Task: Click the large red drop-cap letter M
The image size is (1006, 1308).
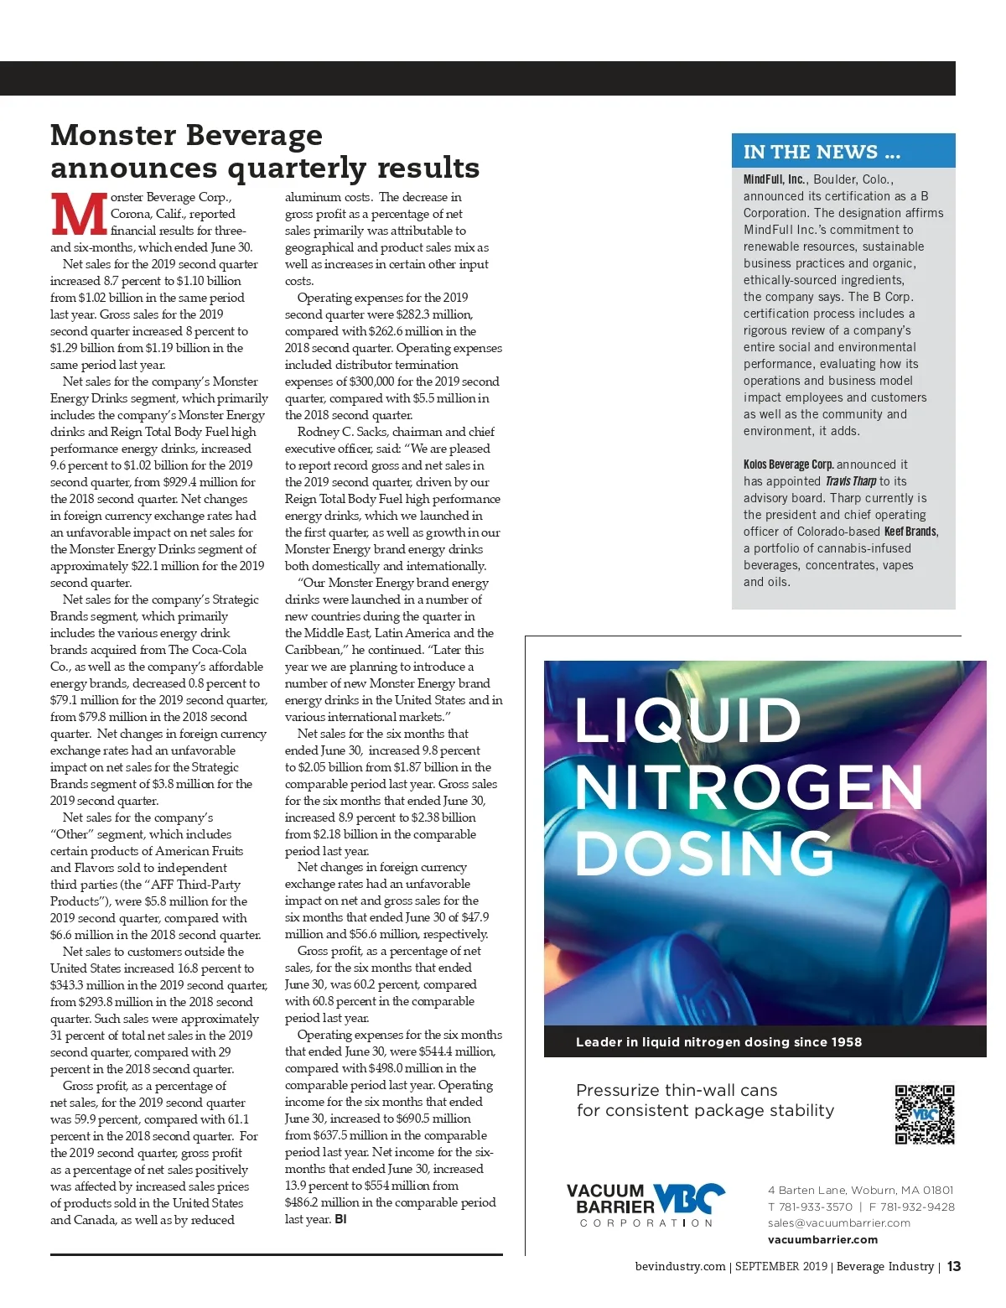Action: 79,215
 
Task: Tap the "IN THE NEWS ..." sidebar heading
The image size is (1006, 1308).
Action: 822,152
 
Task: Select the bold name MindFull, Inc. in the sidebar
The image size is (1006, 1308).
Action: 774,179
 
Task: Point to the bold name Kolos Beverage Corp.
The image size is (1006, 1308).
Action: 788,465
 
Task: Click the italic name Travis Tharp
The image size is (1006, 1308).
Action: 850,481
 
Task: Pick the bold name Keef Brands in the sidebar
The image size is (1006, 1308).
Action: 910,532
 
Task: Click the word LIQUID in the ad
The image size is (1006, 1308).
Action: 688,720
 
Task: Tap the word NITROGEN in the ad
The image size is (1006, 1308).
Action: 749,786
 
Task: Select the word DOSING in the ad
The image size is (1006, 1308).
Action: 704,853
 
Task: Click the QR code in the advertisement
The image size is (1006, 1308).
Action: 924,1114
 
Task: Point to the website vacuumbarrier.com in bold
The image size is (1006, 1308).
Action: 822,1239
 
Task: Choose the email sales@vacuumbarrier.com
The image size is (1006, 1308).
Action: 838,1222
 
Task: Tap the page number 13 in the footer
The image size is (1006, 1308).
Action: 954,1266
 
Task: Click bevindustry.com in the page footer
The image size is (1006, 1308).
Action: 680,1266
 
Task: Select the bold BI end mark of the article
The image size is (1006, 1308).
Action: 340,1219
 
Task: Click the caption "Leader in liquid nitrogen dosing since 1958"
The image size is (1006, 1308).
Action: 718,1042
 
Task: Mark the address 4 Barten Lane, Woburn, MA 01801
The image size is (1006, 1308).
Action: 860,1190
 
